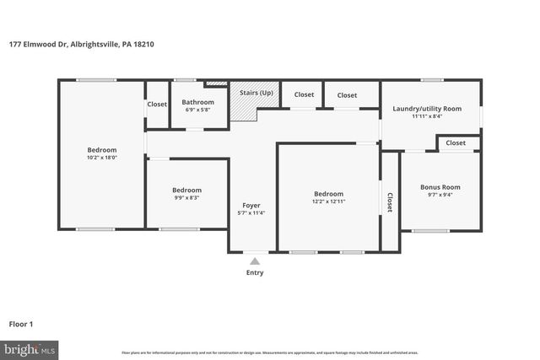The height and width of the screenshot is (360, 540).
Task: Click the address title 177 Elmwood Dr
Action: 94,44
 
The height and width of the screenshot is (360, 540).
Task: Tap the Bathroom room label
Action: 198,102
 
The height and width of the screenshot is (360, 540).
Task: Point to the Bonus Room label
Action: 440,187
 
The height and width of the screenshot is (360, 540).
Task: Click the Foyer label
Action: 251,205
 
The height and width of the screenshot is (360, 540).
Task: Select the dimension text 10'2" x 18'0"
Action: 101,158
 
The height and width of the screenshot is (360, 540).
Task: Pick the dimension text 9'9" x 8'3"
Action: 186,198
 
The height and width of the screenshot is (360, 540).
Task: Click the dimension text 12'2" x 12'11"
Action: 328,201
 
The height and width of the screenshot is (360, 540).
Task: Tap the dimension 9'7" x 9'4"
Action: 440,196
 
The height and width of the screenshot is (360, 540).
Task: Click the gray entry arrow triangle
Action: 255,261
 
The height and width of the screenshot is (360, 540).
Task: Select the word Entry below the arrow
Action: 255,272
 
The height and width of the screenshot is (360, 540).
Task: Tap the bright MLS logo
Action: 30,348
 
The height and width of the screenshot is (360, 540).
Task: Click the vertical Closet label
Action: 390,201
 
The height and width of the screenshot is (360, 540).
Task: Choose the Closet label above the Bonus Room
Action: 456,143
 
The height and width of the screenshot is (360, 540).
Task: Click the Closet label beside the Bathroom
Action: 157,105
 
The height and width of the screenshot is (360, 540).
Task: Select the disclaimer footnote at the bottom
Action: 270,352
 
